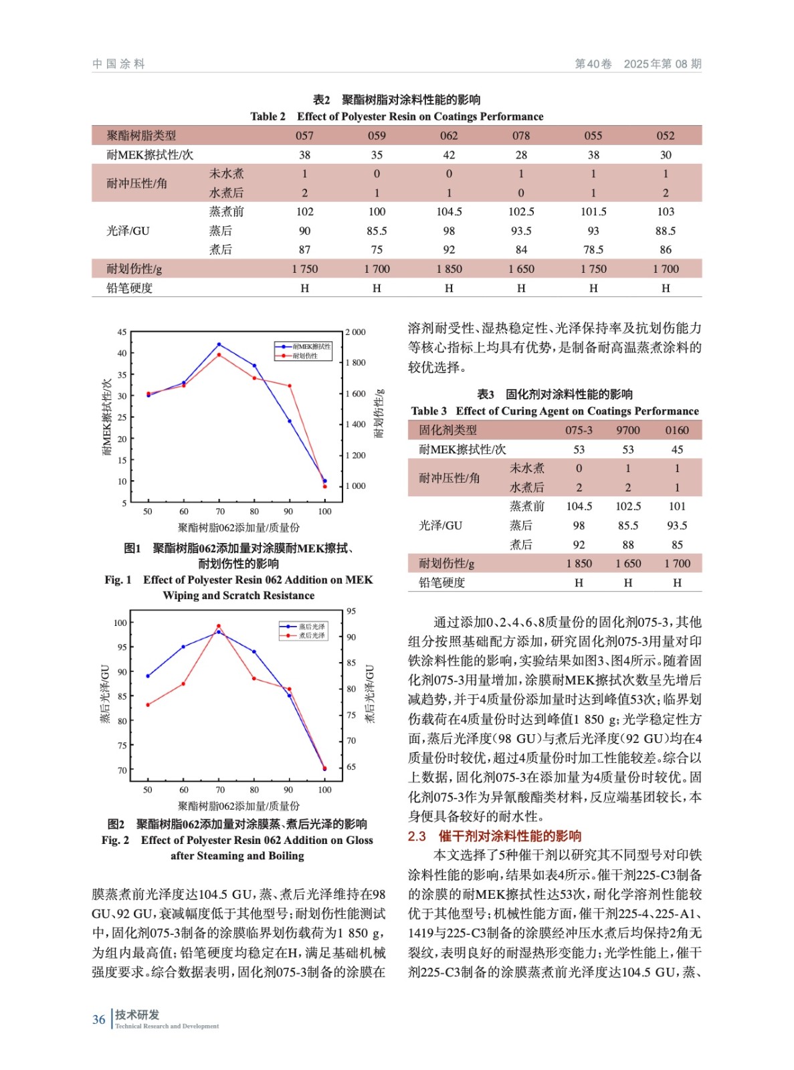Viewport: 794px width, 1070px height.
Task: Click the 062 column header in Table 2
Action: pos(448,136)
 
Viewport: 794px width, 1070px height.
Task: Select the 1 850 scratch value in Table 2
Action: pos(448,269)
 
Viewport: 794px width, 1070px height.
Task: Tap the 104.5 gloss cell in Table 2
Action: pos(448,212)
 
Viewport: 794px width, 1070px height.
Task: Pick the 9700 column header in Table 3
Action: pos(627,430)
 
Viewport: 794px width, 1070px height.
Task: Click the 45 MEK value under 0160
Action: pos(677,449)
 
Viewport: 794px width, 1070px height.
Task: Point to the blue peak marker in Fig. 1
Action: pos(219,344)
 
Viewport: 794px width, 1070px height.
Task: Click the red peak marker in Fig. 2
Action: pos(219,627)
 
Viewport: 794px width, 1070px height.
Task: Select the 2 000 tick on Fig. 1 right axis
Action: pos(356,332)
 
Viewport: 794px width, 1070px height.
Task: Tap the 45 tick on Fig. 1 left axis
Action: pos(122,332)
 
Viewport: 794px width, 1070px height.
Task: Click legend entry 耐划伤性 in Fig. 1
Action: pos(305,356)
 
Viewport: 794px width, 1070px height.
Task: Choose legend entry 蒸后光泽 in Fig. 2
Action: pos(311,627)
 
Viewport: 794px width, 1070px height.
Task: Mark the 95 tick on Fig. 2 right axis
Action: pos(351,611)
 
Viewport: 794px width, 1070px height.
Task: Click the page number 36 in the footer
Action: pos(99,1020)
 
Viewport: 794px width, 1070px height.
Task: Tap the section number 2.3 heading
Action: pos(417,836)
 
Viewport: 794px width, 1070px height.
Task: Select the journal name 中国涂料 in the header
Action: pos(119,64)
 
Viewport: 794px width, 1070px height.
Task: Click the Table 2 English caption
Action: pos(397,116)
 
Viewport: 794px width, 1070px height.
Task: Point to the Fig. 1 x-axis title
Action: pos(239,528)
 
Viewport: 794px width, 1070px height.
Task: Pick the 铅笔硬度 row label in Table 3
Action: pos(441,582)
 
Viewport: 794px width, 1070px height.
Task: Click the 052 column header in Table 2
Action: pos(665,136)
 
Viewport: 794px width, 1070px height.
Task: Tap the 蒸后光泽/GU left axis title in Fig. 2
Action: pos(105,693)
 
